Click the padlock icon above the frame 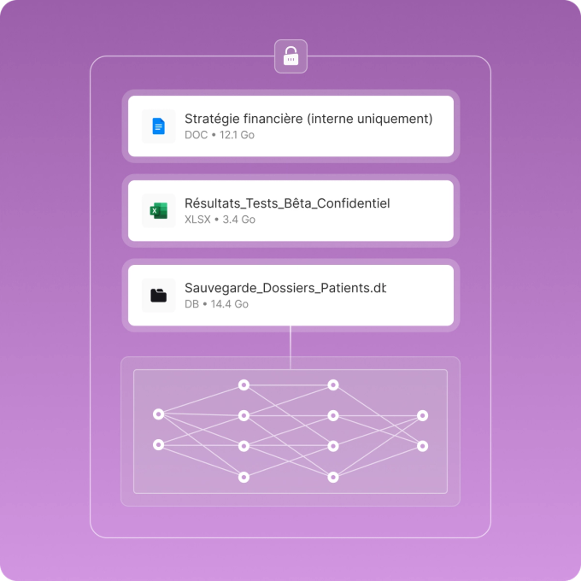290,56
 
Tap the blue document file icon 159,126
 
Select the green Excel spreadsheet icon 159,211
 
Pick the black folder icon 159,296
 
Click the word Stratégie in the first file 210,119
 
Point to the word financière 270,119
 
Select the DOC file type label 196,135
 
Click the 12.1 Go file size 238,135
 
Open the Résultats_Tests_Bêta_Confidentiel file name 287,203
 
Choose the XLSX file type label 197,220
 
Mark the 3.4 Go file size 239,220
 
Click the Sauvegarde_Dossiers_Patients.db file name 285,288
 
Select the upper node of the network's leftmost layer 158,414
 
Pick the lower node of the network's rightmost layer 422,446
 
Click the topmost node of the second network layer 244,385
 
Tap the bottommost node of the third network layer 333,477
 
